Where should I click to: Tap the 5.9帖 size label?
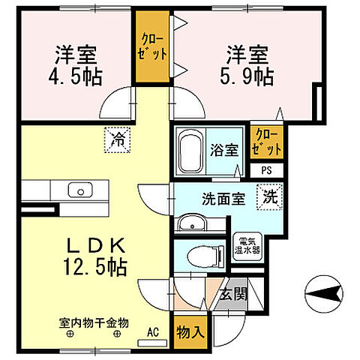(248, 76)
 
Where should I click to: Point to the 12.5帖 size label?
(94, 265)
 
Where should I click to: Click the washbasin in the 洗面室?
(193, 222)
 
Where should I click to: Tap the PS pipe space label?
(267, 169)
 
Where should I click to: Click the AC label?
(154, 331)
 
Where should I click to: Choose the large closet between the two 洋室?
(153, 47)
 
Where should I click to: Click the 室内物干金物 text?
(94, 322)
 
